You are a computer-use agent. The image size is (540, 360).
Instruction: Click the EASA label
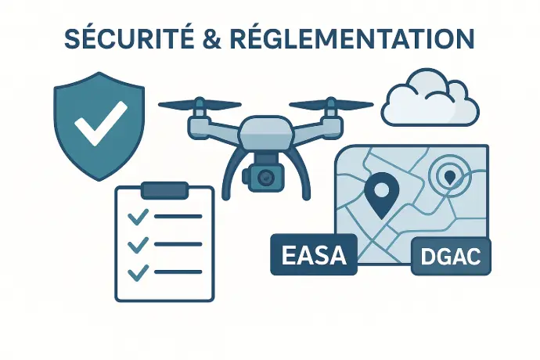pos(313,254)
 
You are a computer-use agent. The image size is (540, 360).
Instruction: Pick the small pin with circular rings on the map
pos(449,177)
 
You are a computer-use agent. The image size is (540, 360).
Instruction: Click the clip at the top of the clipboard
pos(164,189)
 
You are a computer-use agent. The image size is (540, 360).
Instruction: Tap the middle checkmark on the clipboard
pos(138,245)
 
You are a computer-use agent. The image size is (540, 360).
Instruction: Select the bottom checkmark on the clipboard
pos(138,272)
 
